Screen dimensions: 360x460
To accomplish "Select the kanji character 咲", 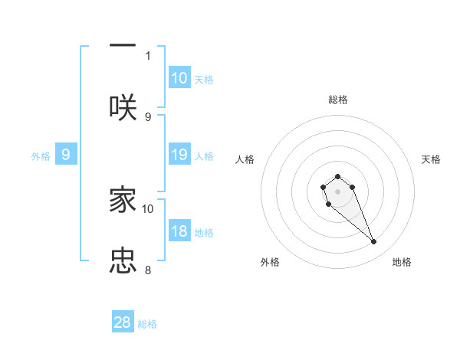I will pos(123,106).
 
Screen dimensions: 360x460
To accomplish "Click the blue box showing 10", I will pos(179,77).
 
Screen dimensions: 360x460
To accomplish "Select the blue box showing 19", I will pos(179,155).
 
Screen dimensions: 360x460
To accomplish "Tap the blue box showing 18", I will pos(179,231).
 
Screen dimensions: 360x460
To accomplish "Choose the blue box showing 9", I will pos(66,155).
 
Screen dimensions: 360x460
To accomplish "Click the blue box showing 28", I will pos(123,322).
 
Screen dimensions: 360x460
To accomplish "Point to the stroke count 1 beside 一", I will pos(148,55).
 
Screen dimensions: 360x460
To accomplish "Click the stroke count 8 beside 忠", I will pos(148,270).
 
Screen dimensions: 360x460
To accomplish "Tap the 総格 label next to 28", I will pos(147,324).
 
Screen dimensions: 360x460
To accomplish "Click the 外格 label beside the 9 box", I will pos(41,156).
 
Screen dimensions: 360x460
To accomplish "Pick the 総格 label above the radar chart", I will pos(337,100).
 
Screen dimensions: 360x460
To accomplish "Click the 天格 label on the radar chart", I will pos(431,159).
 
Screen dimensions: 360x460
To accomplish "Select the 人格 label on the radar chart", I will pos(245,159).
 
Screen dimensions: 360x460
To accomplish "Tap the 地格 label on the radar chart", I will pos(402,262).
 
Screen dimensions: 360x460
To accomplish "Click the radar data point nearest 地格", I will pos(374,242).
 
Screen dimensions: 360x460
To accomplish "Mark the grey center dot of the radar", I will pos(337,191).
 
